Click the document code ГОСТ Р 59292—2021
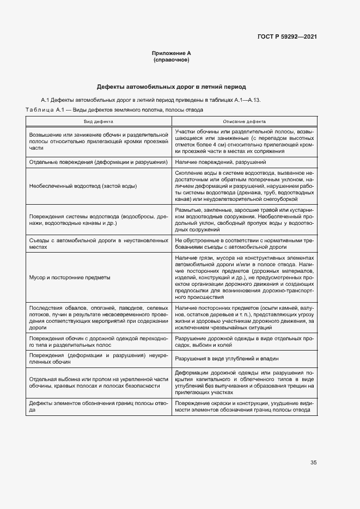point(287,37)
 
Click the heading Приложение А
point(172,53)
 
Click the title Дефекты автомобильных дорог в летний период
point(172,87)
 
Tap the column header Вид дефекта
point(99,122)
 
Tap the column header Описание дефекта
point(245,122)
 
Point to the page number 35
point(314,463)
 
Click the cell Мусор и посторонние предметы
point(70,277)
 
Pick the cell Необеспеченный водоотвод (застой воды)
point(83,186)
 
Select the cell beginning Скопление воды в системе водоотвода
point(245,186)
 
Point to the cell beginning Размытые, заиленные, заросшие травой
point(245,219)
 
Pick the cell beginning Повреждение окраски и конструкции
point(245,407)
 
